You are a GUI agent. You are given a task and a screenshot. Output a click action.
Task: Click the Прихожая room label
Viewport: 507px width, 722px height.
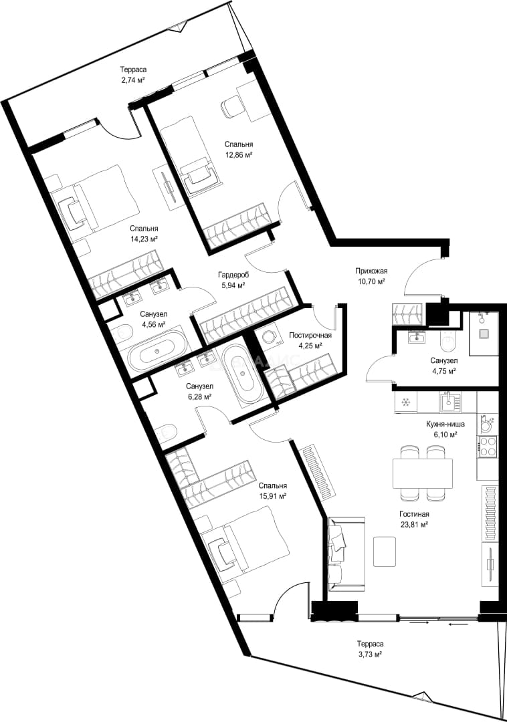(371, 271)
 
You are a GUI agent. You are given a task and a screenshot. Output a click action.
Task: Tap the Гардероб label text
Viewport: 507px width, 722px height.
(233, 275)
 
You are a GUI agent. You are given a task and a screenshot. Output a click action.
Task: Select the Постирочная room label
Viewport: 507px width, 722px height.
(310, 335)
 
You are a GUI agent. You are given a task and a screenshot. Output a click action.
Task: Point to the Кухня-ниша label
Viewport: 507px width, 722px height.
(445, 424)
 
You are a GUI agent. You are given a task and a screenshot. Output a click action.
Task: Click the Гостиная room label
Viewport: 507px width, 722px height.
(415, 514)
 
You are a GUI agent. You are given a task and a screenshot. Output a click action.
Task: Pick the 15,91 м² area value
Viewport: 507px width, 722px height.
(273, 496)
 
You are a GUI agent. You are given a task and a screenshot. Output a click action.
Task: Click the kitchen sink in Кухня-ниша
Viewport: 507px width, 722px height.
(448, 402)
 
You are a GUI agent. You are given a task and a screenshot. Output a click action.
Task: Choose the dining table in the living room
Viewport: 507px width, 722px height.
(422, 473)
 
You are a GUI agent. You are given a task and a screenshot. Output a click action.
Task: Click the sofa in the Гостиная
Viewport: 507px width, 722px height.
(346, 554)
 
